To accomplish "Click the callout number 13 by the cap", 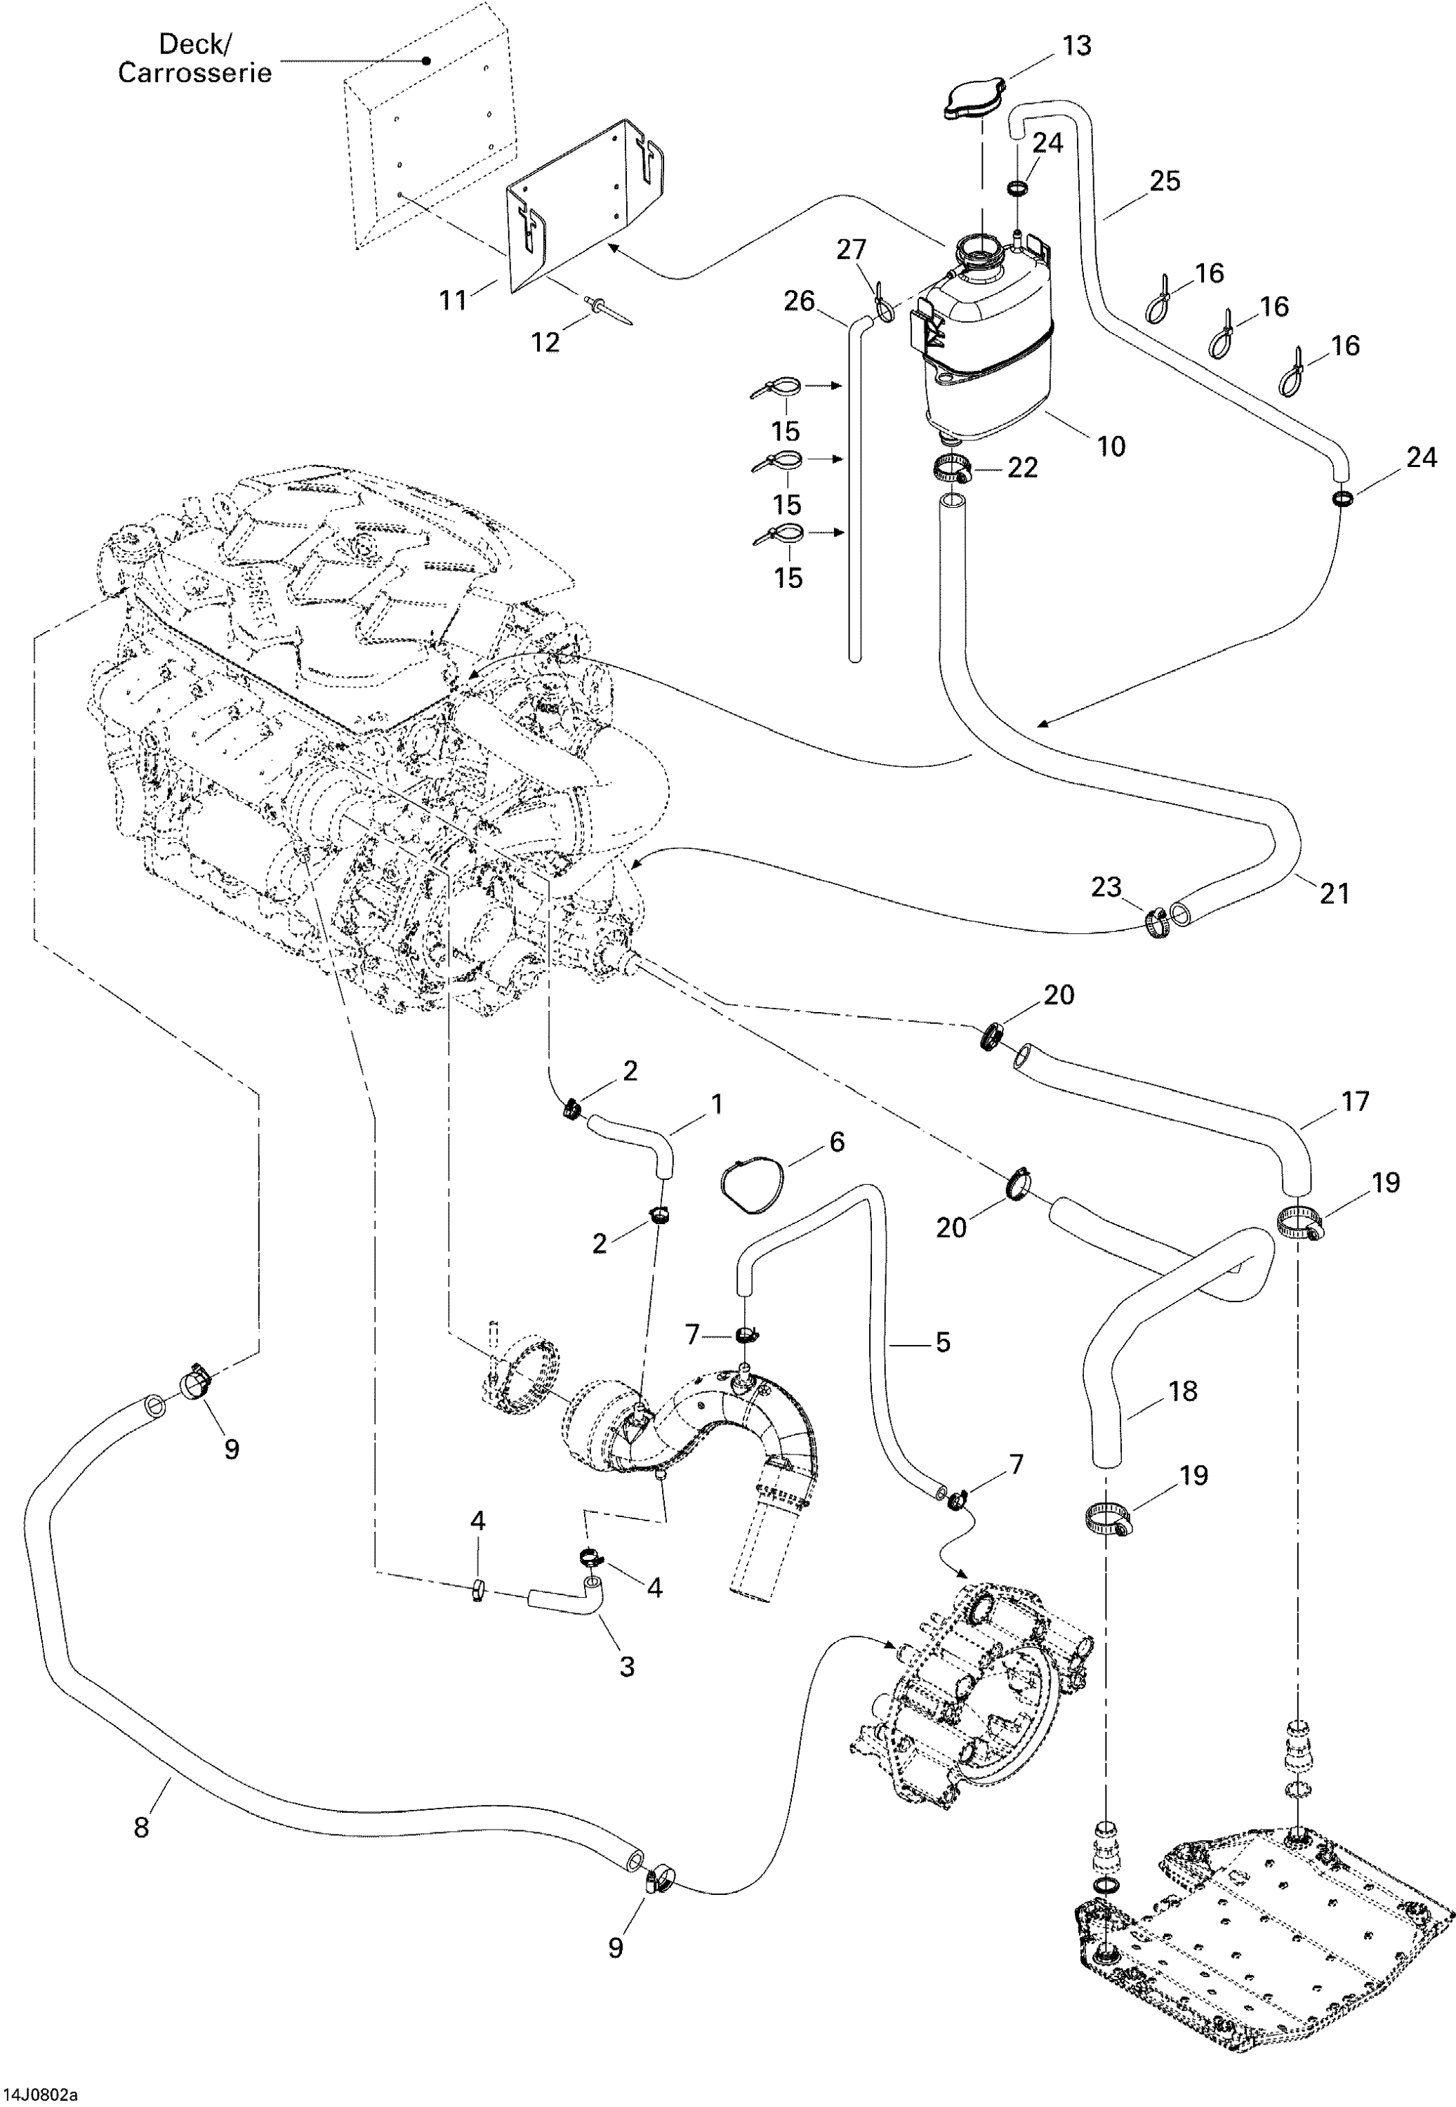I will pyautogui.click(x=1076, y=46).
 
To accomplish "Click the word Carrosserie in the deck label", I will pyautogui.click(x=195, y=73).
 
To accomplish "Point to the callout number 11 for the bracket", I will pyautogui.click(x=454, y=299).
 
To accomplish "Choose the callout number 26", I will pyautogui.click(x=799, y=301).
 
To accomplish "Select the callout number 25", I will pyautogui.click(x=1164, y=180).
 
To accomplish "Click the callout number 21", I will pyautogui.click(x=1334, y=893).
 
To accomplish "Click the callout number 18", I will pyautogui.click(x=1182, y=1391).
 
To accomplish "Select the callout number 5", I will pyautogui.click(x=942, y=1341).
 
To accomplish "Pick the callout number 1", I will pyautogui.click(x=717, y=1104).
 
